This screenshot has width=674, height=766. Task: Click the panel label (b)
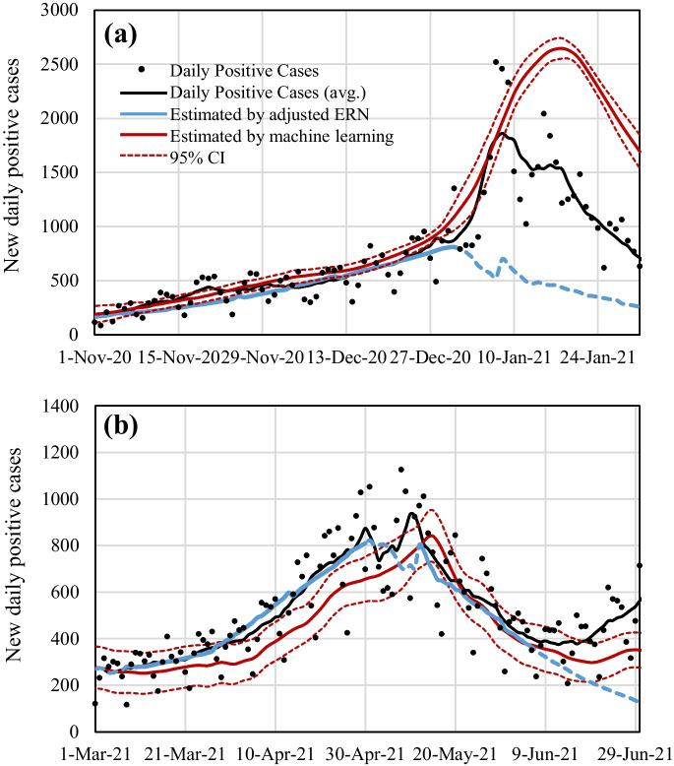pyautogui.click(x=126, y=428)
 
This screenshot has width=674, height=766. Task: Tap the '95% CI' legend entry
pyautogui.click(x=197, y=159)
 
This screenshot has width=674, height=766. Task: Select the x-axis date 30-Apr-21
pyautogui.click(x=369, y=753)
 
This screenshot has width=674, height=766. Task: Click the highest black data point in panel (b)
pyautogui.click(x=400, y=470)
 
